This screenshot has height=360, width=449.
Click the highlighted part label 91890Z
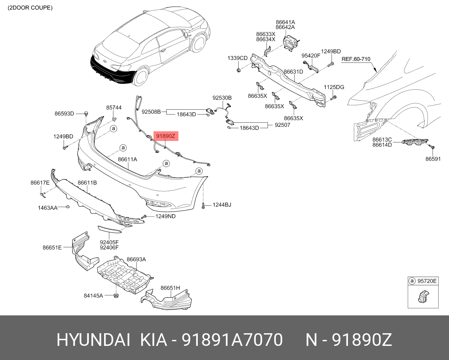click(166, 136)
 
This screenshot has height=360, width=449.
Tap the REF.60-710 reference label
click(356, 59)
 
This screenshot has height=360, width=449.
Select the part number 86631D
click(293, 72)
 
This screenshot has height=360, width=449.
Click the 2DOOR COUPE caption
click(30, 8)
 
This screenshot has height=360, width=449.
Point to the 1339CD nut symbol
click(238, 70)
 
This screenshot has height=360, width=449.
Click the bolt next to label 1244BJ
click(203, 206)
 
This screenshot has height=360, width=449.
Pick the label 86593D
click(64, 113)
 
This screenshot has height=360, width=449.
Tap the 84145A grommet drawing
click(116, 296)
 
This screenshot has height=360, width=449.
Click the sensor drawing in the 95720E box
click(423, 296)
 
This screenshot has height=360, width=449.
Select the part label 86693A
click(136, 259)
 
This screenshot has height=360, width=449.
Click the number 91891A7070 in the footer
click(232, 340)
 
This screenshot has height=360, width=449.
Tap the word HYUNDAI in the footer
click(93, 340)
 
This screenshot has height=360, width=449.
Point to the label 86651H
click(170, 288)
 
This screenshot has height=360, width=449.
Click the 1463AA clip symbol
click(68, 207)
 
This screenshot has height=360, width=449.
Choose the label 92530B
click(222, 98)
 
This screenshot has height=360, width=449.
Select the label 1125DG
click(334, 87)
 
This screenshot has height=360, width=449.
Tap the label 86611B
click(87, 183)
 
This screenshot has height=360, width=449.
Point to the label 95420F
click(311, 56)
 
